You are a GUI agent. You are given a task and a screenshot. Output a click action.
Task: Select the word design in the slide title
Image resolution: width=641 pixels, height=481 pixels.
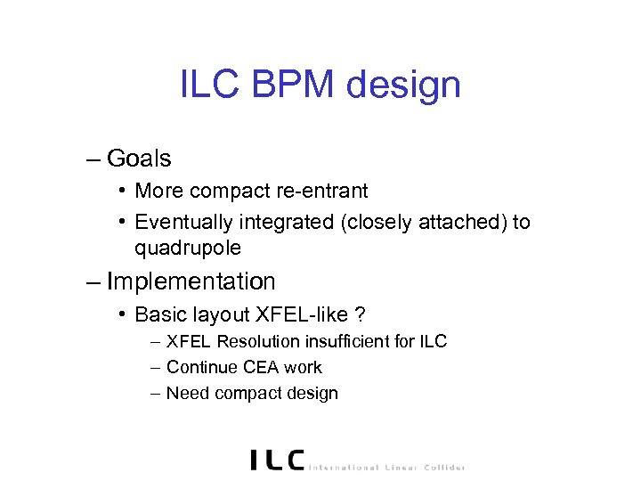click(405, 86)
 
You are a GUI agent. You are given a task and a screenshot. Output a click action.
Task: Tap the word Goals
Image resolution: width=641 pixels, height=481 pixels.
click(139, 159)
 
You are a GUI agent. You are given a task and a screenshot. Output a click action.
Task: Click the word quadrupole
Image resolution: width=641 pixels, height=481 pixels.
click(188, 247)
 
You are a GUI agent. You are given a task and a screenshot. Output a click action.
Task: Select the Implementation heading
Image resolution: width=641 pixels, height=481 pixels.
click(191, 282)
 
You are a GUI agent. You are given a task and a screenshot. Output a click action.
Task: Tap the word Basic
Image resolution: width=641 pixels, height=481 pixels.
click(157, 314)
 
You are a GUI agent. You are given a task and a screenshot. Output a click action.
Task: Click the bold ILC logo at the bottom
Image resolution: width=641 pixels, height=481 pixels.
click(277, 460)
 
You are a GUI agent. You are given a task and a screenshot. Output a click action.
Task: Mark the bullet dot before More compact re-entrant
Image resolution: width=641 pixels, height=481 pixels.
click(121, 192)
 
